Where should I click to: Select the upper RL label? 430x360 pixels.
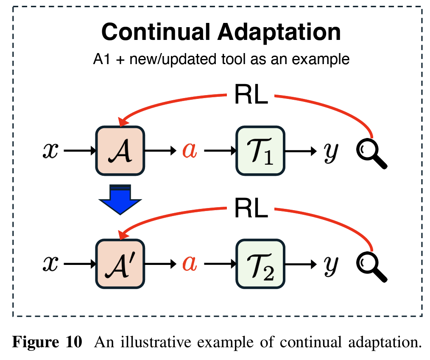click(251, 97)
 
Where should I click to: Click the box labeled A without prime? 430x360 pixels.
click(120, 150)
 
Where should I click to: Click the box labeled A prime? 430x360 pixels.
click(120, 264)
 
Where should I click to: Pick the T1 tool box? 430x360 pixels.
click(260, 151)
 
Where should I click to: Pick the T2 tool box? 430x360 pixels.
click(260, 264)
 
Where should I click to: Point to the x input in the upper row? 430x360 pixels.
click(50, 151)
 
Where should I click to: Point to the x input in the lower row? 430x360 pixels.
click(50, 264)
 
